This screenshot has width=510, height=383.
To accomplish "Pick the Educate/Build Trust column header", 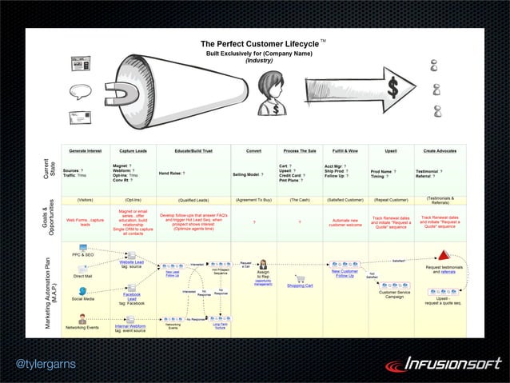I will click(193, 150).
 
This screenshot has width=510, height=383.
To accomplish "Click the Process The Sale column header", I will click(300, 150).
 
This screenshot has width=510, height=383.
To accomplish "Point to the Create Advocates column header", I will click(440, 150).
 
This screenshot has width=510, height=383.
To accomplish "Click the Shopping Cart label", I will click(300, 285).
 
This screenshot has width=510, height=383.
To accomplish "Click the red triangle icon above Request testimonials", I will click(442, 256).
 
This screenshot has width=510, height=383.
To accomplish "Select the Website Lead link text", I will click(131, 261).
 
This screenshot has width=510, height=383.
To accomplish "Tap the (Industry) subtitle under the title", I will click(258, 61).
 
